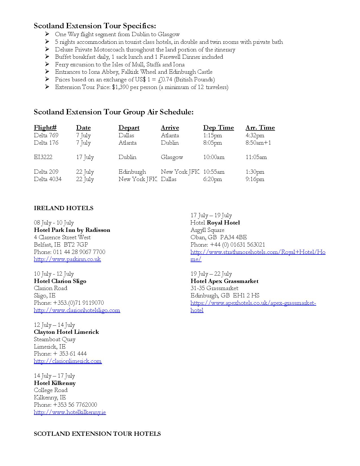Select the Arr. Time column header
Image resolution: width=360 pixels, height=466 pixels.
point(260,128)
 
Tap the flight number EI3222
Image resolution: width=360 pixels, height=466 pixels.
point(43,157)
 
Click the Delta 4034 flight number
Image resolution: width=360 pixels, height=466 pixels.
point(47,179)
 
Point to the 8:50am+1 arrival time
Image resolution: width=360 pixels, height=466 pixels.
point(258,143)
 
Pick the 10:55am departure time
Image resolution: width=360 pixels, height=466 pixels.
point(214,172)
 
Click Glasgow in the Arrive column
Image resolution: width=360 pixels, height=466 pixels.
point(172,157)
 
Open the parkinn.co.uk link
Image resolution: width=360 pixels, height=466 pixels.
point(67,259)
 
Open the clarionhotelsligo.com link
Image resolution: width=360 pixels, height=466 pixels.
point(77,310)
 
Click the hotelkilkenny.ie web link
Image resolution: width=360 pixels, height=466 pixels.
point(70,412)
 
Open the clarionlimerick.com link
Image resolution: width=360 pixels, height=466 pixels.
point(67,361)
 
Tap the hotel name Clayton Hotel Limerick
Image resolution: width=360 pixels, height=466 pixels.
point(66,332)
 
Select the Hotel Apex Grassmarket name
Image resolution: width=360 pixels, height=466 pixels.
point(224,281)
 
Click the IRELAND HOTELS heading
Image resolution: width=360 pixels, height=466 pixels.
point(64,208)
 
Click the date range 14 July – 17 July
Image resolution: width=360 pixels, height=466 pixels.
point(54,376)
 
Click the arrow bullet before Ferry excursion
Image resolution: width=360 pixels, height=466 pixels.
point(47,64)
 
